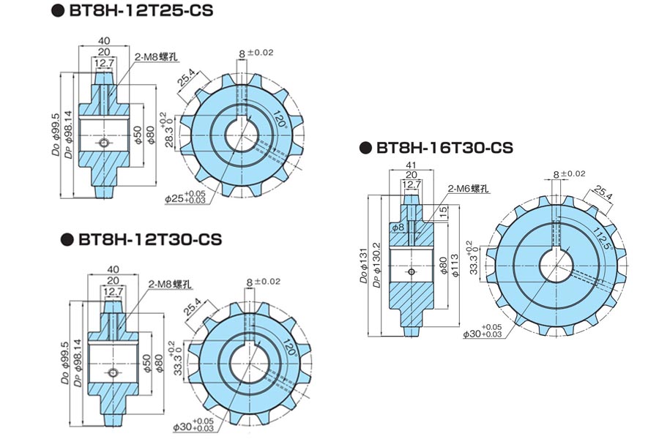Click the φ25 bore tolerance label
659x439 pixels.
(x=184, y=197)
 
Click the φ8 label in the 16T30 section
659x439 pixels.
(x=398, y=228)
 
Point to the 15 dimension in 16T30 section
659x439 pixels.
(x=444, y=214)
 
